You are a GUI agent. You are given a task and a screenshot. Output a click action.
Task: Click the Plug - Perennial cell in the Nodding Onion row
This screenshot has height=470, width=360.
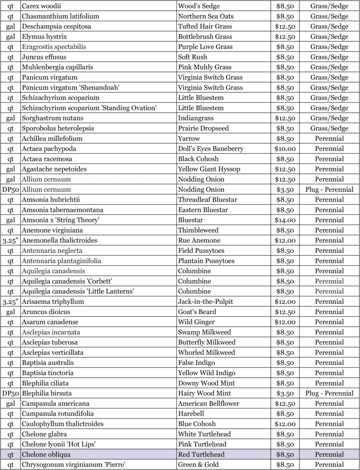pyautogui.click(x=329, y=190)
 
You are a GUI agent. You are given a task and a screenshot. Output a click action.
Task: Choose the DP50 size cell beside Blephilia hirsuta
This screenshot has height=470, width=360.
pyautogui.click(x=10, y=393)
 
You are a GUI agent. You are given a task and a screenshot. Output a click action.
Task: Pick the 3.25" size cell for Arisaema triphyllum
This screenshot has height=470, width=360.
pyautogui.click(x=10, y=302)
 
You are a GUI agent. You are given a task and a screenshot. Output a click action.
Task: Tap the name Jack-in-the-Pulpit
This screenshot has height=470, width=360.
pyautogui.click(x=205, y=302)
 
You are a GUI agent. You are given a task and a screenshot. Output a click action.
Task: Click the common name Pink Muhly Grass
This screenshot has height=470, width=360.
pyautogui.click(x=205, y=67)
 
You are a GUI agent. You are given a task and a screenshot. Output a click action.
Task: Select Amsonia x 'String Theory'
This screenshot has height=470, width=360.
pyautogui.click(x=61, y=220)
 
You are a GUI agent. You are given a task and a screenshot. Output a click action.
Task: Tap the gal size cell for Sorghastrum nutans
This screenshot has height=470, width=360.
pyautogui.click(x=10, y=118)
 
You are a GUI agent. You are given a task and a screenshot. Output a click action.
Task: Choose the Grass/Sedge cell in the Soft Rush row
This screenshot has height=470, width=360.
pyautogui.click(x=329, y=57)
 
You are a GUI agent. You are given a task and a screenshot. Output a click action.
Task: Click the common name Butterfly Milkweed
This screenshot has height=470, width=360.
pyautogui.click(x=207, y=342)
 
